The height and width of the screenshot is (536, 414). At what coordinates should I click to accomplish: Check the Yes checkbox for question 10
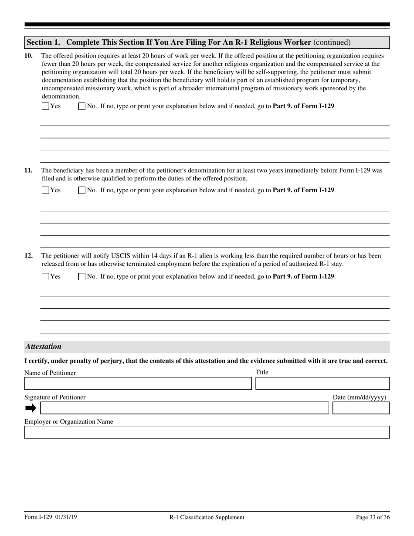[45, 106]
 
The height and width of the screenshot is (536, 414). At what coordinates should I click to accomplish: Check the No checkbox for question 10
[81, 106]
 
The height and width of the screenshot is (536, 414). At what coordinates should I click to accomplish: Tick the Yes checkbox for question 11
[45, 190]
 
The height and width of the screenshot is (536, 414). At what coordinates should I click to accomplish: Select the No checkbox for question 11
[81, 190]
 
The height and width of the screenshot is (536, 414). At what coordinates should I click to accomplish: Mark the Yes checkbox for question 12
[45, 276]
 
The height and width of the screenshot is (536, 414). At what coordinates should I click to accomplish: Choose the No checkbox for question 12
[81, 276]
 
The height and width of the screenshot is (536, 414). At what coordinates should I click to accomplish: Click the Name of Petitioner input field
[138, 383]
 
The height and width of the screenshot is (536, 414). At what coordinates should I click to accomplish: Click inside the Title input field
[322, 383]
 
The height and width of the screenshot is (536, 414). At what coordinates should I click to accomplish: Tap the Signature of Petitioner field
[184, 408]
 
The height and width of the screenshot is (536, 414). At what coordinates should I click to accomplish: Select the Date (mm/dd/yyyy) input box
[361, 408]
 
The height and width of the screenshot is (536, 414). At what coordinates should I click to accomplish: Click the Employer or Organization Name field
[207, 432]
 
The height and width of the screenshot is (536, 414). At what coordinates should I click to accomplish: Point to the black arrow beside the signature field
[31, 408]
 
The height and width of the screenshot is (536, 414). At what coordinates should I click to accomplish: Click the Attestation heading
[43, 347]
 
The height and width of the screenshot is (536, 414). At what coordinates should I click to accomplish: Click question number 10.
[28, 56]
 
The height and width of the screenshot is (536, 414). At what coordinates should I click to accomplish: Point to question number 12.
[28, 256]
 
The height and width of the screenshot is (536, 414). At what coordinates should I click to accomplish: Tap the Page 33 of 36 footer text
[373, 517]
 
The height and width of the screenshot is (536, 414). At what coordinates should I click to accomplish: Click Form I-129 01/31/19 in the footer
[51, 517]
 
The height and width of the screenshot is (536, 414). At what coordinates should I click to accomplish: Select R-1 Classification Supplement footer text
[207, 517]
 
